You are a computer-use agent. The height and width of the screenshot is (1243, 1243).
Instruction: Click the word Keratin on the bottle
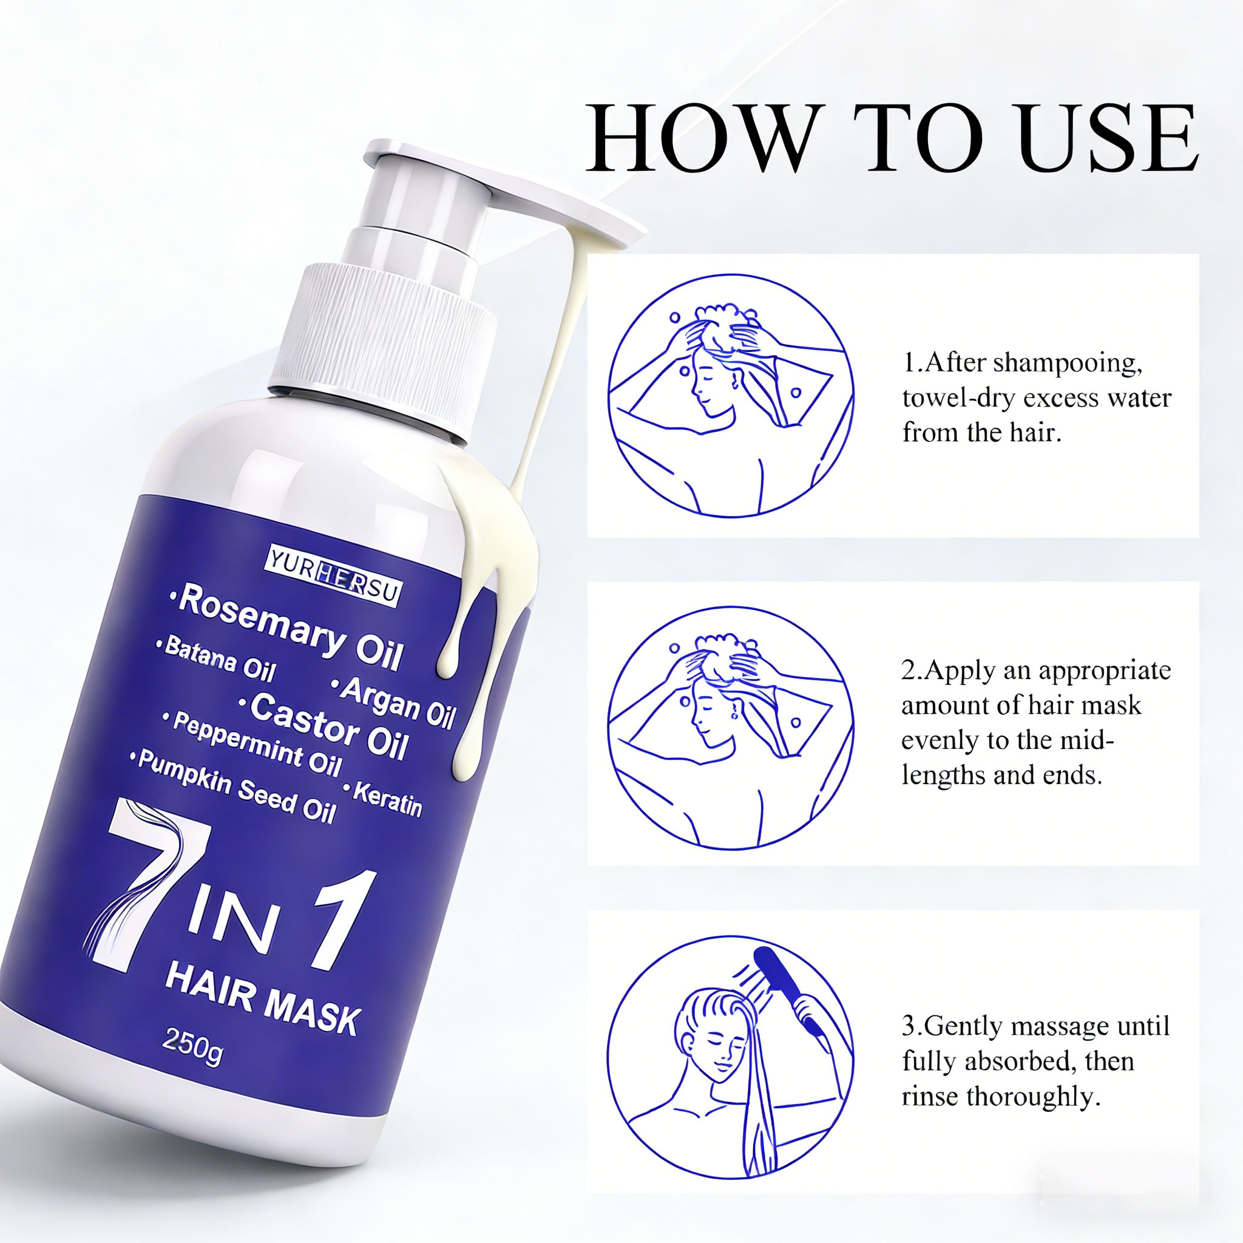(x=386, y=798)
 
